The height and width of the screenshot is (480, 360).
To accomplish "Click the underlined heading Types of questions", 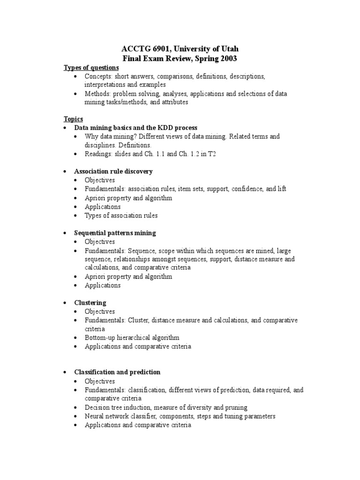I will click(x=91, y=67).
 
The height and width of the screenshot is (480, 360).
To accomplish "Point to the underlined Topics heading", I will click(x=73, y=119).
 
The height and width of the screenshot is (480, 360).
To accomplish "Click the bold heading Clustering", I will click(x=90, y=303).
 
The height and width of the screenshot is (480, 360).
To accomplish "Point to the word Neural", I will click(x=95, y=416).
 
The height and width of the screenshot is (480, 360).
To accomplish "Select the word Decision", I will click(x=97, y=408).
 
